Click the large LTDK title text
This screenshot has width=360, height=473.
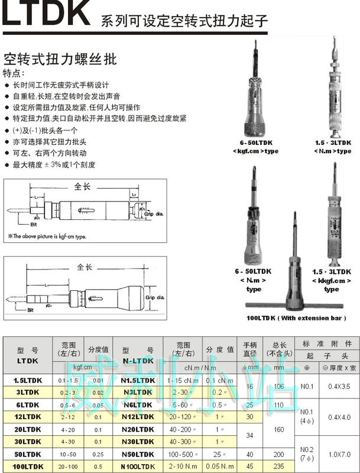pyautogui.click(x=46, y=15)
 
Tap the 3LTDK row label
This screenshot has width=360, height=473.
pyautogui.click(x=27, y=391)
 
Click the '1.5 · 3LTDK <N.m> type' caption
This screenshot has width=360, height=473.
pyautogui.click(x=332, y=147)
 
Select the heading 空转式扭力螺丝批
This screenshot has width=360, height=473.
pyautogui.click(x=60, y=59)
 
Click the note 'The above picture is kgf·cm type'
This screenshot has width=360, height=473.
pyautogui.click(x=47, y=236)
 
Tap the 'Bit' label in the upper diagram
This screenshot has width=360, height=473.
pyautogui.click(x=38, y=223)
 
